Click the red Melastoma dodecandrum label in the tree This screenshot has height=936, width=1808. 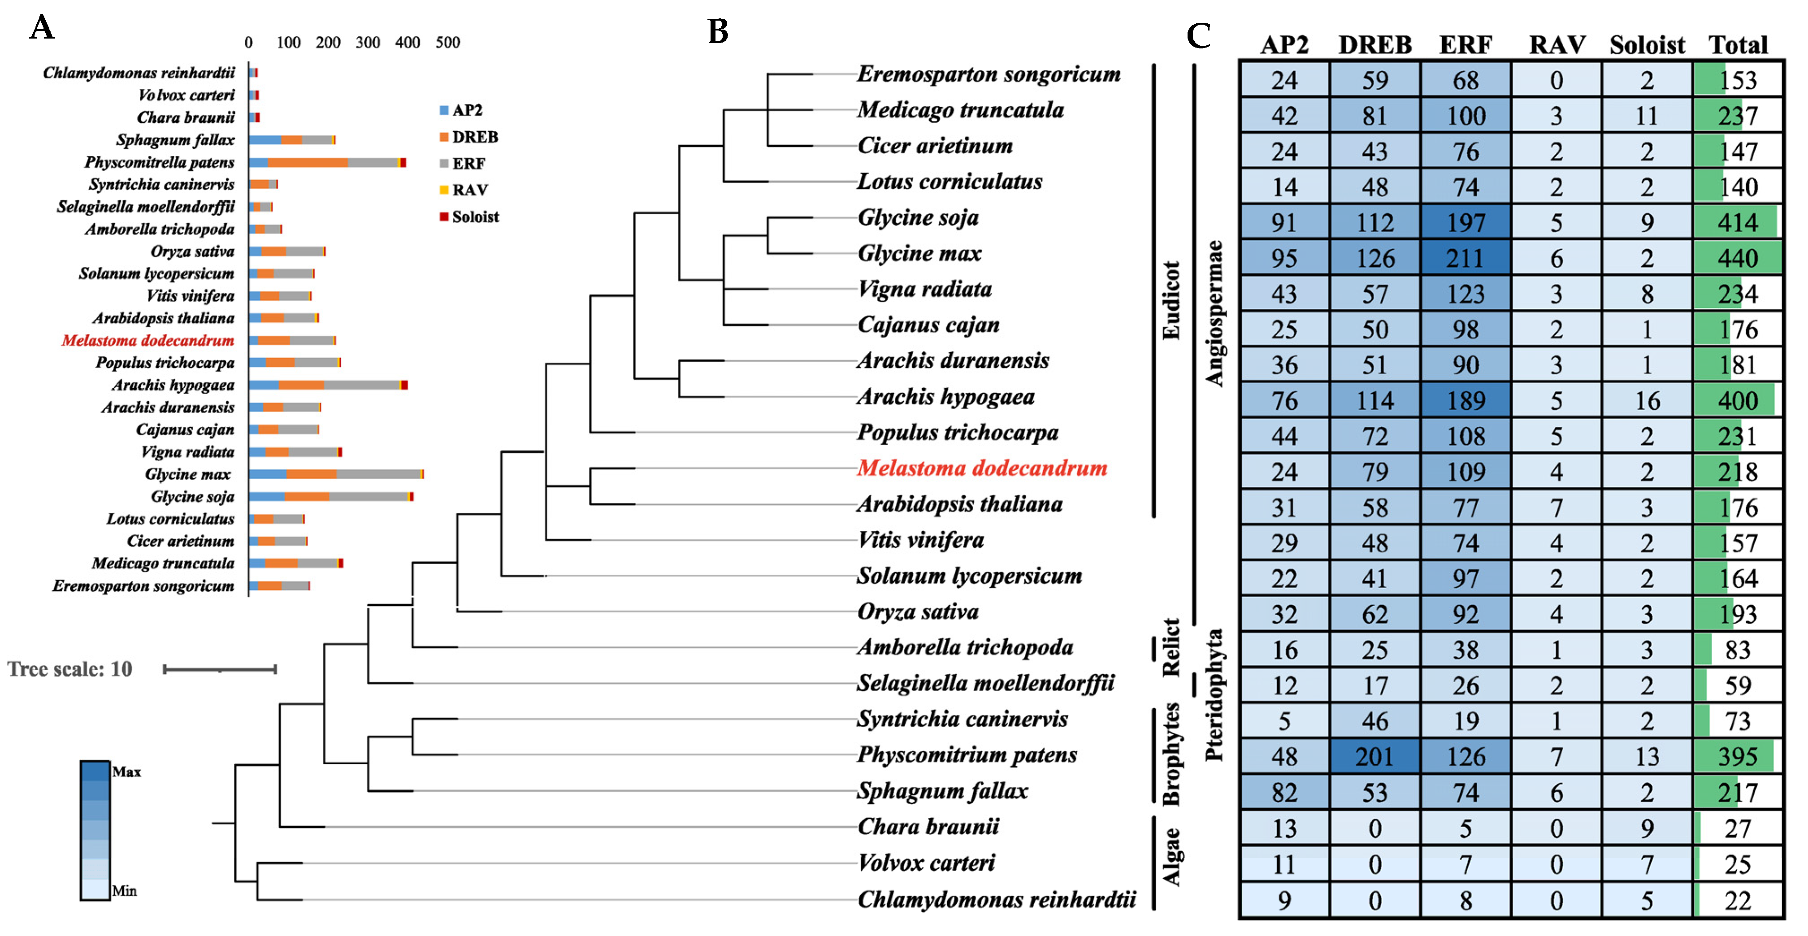tap(981, 468)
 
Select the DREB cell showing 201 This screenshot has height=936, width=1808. tap(1374, 756)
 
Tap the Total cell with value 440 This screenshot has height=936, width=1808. tap(1737, 258)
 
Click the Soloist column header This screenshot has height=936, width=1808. tap(1647, 45)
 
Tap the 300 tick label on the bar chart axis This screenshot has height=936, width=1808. tap(368, 43)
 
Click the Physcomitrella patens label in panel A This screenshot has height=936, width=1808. tap(159, 162)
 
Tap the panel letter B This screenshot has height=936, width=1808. tap(717, 31)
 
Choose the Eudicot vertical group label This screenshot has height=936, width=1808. tap(1171, 300)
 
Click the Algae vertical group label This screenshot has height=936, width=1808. tap(1171, 857)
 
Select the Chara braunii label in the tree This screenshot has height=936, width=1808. tap(928, 827)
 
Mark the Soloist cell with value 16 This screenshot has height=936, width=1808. tap(1647, 401)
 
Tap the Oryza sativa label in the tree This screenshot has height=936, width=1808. tap(917, 611)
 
